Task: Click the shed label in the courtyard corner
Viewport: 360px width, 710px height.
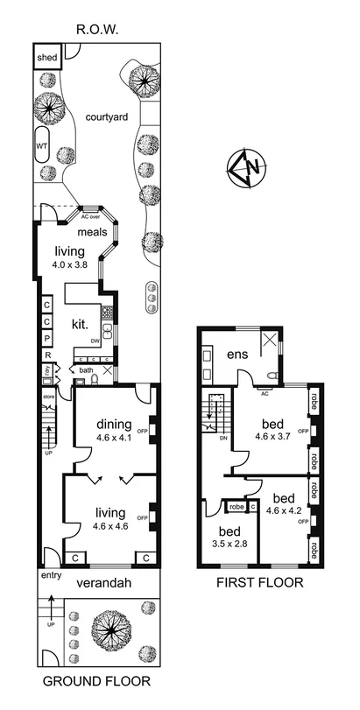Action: [x=46, y=58]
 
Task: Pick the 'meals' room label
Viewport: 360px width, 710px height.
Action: [x=91, y=232]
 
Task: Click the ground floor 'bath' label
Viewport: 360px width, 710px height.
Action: [x=86, y=370]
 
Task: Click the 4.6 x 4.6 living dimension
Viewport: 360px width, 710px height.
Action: [x=111, y=525]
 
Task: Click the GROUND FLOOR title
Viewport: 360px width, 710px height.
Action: [x=96, y=680]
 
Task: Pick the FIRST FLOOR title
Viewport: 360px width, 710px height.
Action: [x=259, y=582]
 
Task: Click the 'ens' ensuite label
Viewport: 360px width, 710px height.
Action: [x=236, y=355]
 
